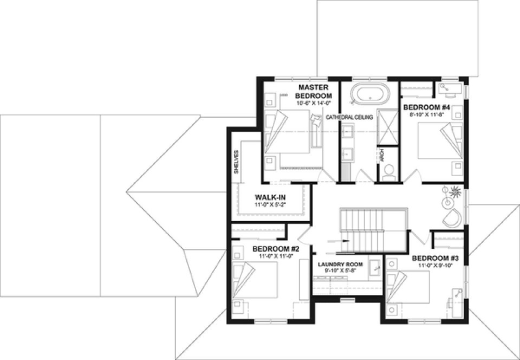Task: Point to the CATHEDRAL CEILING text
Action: click(x=349, y=117)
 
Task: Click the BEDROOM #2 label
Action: click(x=276, y=249)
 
